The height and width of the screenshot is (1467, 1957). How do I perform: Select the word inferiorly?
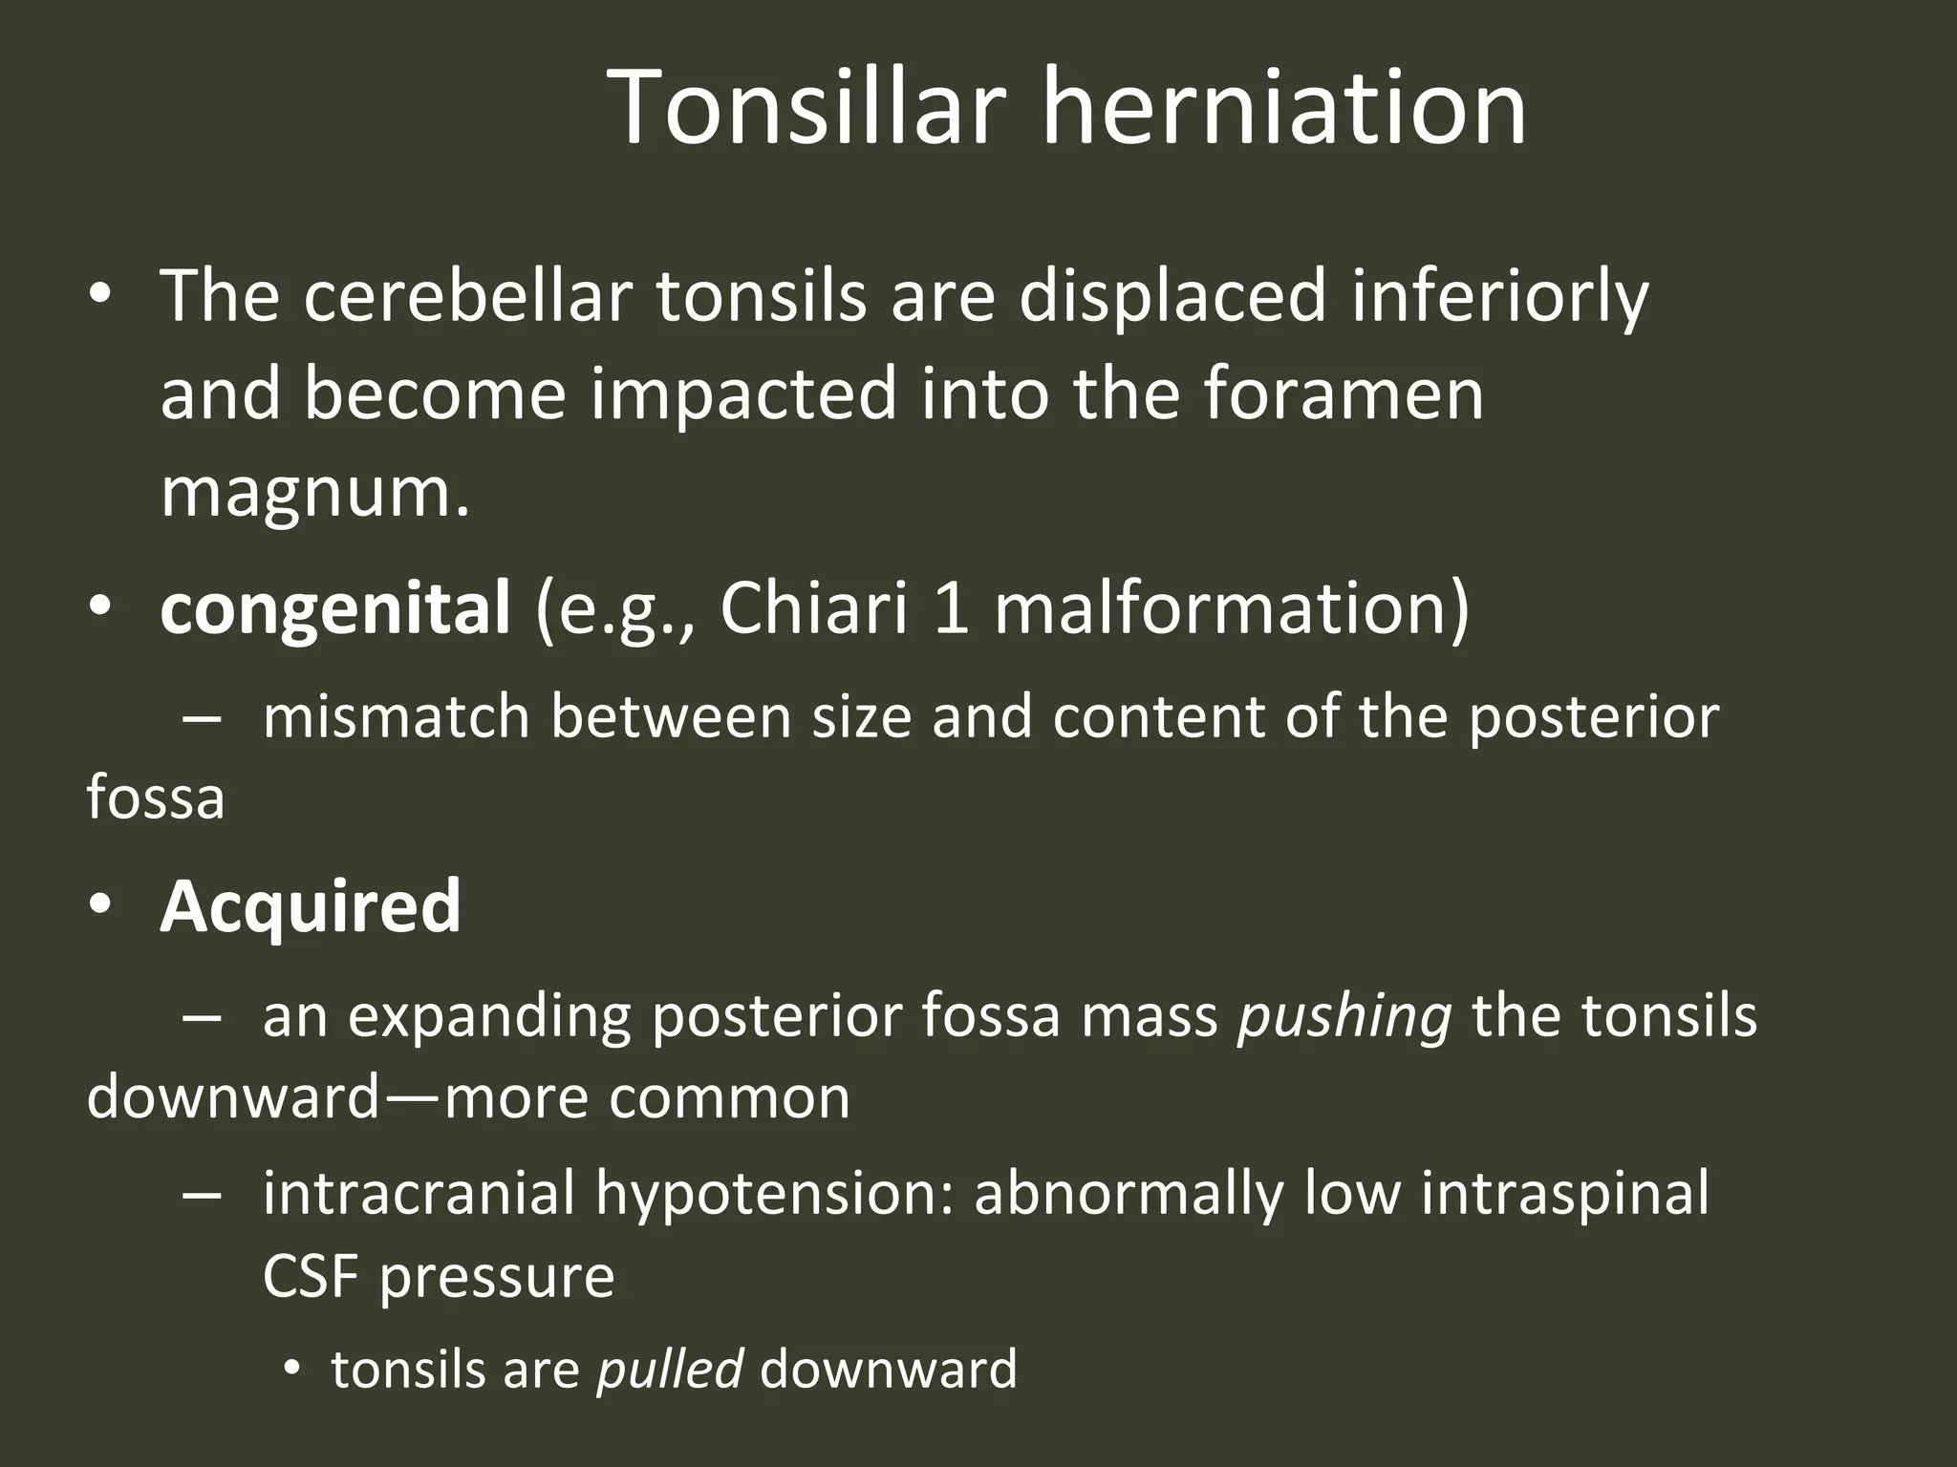pos(1499,298)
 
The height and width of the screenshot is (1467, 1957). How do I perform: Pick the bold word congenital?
pos(335,611)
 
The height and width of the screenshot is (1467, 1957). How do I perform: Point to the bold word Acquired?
pos(311,907)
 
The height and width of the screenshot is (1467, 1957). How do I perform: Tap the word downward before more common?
pos(234,1097)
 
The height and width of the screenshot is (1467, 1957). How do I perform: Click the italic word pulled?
pos(669,1369)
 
